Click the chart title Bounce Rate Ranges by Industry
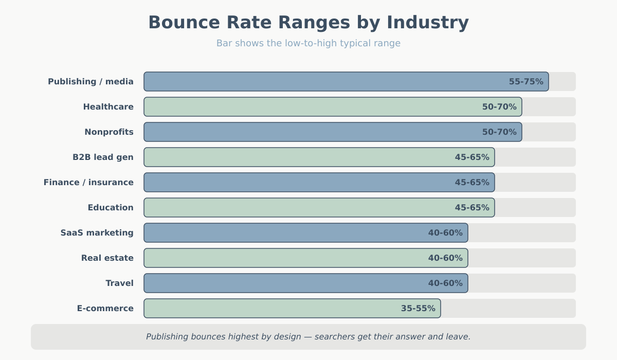pyautogui.click(x=308, y=23)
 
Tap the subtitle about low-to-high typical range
pyautogui.click(x=308, y=43)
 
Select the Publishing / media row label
pyautogui.click(x=90, y=82)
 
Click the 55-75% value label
pyautogui.click(x=526, y=82)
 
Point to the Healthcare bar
pyautogui.click(x=308, y=107)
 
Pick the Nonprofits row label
pyautogui.click(x=109, y=132)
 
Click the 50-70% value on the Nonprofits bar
pyautogui.click(x=499, y=132)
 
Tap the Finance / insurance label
pyautogui.click(x=88, y=183)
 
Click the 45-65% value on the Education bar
pyautogui.click(x=472, y=208)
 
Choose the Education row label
pyautogui.click(x=111, y=208)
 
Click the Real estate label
pyautogui.click(x=107, y=258)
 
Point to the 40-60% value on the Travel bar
pyautogui.click(x=445, y=283)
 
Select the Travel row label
pyautogui.click(x=119, y=283)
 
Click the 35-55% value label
pyautogui.click(x=418, y=309)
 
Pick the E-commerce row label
pyautogui.click(x=105, y=309)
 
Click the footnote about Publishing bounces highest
pyautogui.click(x=308, y=337)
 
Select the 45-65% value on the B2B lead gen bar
pyautogui.click(x=472, y=157)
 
